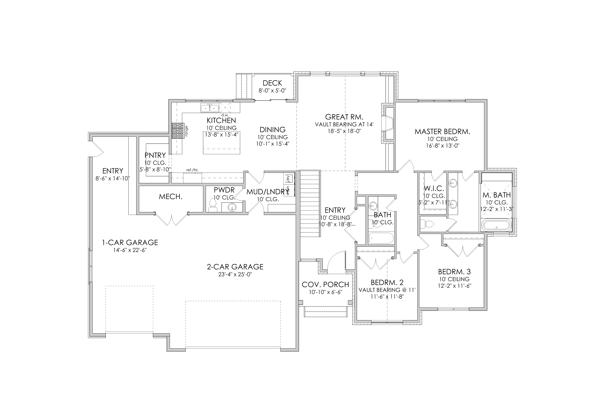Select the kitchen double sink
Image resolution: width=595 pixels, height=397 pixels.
click(210, 108)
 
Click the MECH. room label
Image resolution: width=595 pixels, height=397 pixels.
click(171, 197)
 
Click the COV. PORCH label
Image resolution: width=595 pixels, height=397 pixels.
click(325, 285)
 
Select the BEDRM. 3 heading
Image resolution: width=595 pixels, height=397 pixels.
click(454, 272)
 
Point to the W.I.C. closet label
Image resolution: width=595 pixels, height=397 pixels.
click(434, 188)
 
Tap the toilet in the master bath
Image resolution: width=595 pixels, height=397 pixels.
click(427, 224)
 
